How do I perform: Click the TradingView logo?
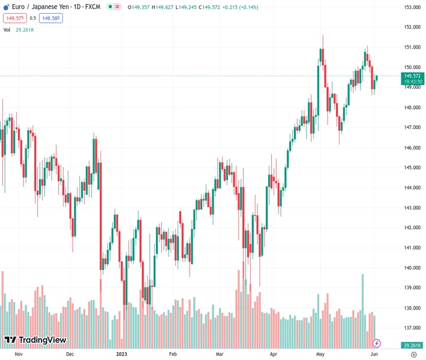click(x=35, y=340)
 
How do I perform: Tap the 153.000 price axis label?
click(x=412, y=7)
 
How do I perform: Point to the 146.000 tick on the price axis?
click(x=412, y=148)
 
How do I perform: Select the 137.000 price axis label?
click(x=412, y=328)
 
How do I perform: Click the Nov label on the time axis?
click(x=18, y=355)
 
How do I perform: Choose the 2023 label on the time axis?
click(x=122, y=355)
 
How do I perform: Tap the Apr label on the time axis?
click(x=274, y=355)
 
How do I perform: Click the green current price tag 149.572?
click(x=412, y=76)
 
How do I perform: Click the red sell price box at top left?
click(x=14, y=18)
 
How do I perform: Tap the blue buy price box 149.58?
click(x=51, y=18)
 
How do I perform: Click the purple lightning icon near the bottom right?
click(x=377, y=343)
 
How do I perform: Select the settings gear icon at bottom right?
click(x=413, y=355)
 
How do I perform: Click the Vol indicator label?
click(x=7, y=29)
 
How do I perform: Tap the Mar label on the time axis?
click(x=220, y=355)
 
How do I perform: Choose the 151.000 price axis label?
click(x=412, y=47)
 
